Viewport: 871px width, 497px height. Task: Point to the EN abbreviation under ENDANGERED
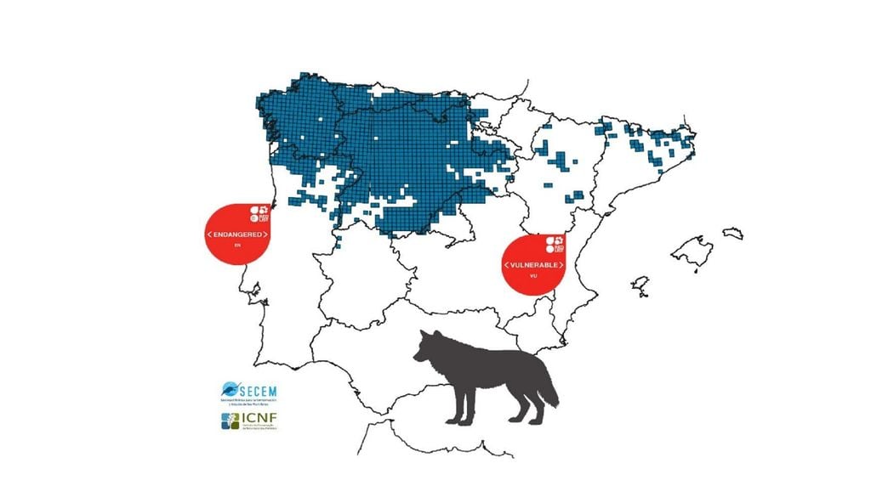point(238,246)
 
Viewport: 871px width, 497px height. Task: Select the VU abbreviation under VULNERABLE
point(532,277)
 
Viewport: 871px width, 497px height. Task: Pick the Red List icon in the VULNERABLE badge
point(555,245)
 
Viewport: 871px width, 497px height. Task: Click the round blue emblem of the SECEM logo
point(231,389)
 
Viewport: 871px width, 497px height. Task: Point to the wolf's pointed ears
point(432,335)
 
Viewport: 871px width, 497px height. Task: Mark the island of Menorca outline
point(732,232)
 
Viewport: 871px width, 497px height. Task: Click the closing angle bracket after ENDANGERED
point(266,234)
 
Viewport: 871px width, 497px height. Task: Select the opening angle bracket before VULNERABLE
point(506,265)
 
